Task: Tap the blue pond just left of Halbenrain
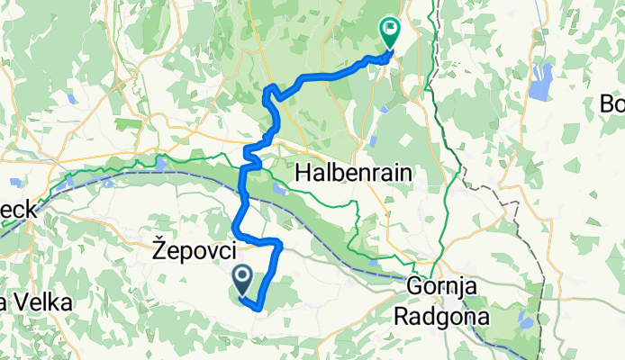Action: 278,189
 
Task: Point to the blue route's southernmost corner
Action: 259,308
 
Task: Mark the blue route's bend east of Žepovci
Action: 279,244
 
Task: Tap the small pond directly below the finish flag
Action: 385,109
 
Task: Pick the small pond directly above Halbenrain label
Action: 371,141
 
